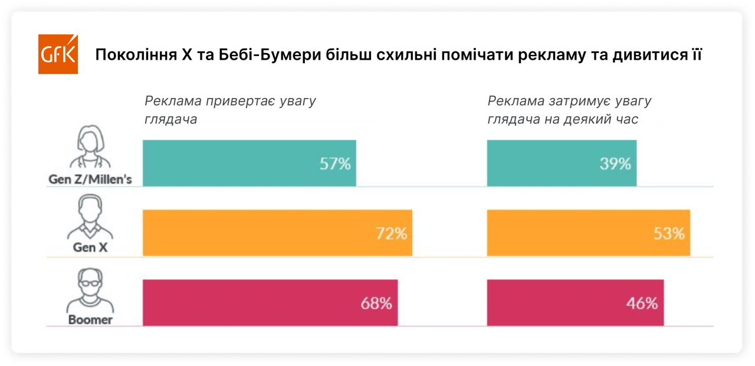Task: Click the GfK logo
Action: (x=58, y=54)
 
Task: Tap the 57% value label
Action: (x=335, y=164)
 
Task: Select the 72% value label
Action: (x=392, y=234)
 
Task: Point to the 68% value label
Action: (x=376, y=304)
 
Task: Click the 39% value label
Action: (x=615, y=164)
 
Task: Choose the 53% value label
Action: (x=669, y=234)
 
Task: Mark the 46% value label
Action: (x=642, y=304)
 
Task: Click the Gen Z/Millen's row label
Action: (x=90, y=179)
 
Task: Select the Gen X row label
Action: (x=90, y=248)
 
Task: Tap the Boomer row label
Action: (x=90, y=320)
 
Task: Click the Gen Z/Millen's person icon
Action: (x=90, y=148)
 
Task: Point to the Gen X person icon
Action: (x=90, y=217)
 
